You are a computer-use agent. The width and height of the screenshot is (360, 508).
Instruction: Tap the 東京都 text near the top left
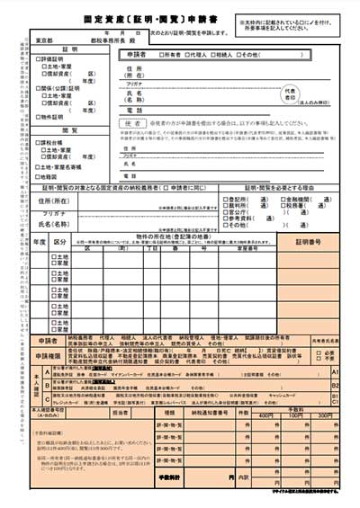44,40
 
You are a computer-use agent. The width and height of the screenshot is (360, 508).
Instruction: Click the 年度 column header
40,243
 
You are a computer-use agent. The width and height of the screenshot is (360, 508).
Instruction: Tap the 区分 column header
59,243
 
